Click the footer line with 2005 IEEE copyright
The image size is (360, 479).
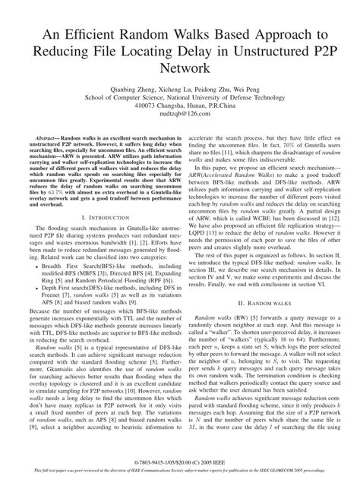(x=180, y=460)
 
